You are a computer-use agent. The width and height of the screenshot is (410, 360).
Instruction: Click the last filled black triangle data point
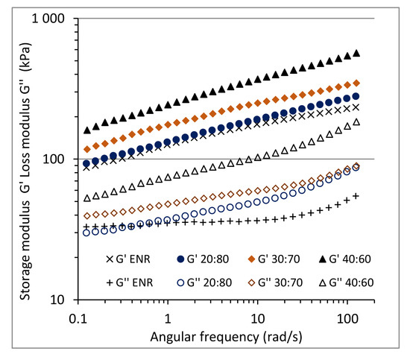coord(356,53)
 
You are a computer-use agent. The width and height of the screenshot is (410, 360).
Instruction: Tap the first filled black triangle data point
coord(86,130)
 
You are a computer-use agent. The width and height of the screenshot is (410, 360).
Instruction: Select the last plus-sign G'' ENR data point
coord(356,196)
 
